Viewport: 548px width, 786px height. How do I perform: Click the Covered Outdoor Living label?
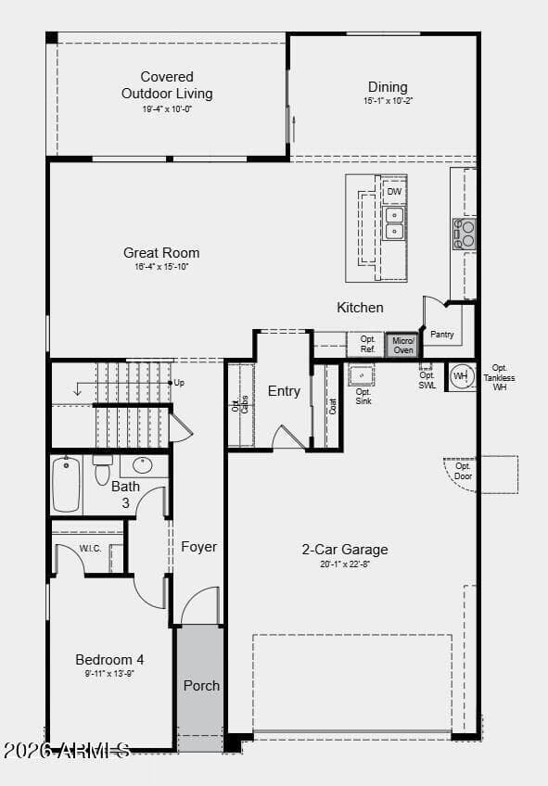coord(167,85)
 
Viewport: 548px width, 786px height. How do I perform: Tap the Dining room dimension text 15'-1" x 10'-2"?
coord(388,101)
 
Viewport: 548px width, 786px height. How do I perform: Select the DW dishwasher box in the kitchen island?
coord(394,192)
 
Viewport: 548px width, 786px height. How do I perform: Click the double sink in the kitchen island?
coord(394,223)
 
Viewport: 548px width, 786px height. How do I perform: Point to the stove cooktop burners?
coord(464,234)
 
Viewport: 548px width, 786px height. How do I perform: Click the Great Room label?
coord(161,253)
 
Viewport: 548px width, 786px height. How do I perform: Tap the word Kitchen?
coord(360,308)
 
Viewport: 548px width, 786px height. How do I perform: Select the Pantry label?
coord(442,335)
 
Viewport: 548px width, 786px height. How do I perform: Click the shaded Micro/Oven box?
coord(402,346)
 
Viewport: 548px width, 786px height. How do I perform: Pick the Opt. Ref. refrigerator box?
coord(367,345)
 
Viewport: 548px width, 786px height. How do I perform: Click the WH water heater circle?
coord(460,376)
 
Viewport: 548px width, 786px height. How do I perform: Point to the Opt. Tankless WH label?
coord(500,376)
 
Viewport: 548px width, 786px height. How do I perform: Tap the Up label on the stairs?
coord(179,382)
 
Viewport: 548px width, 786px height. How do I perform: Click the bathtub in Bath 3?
coord(66,484)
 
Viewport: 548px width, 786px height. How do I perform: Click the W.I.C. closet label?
coord(90,548)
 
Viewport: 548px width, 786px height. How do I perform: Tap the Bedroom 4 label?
coord(109,660)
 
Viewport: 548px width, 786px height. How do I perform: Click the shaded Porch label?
coord(201,686)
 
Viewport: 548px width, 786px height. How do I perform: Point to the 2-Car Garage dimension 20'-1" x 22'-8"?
coord(345,564)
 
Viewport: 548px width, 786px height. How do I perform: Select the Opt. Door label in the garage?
coord(462,471)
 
